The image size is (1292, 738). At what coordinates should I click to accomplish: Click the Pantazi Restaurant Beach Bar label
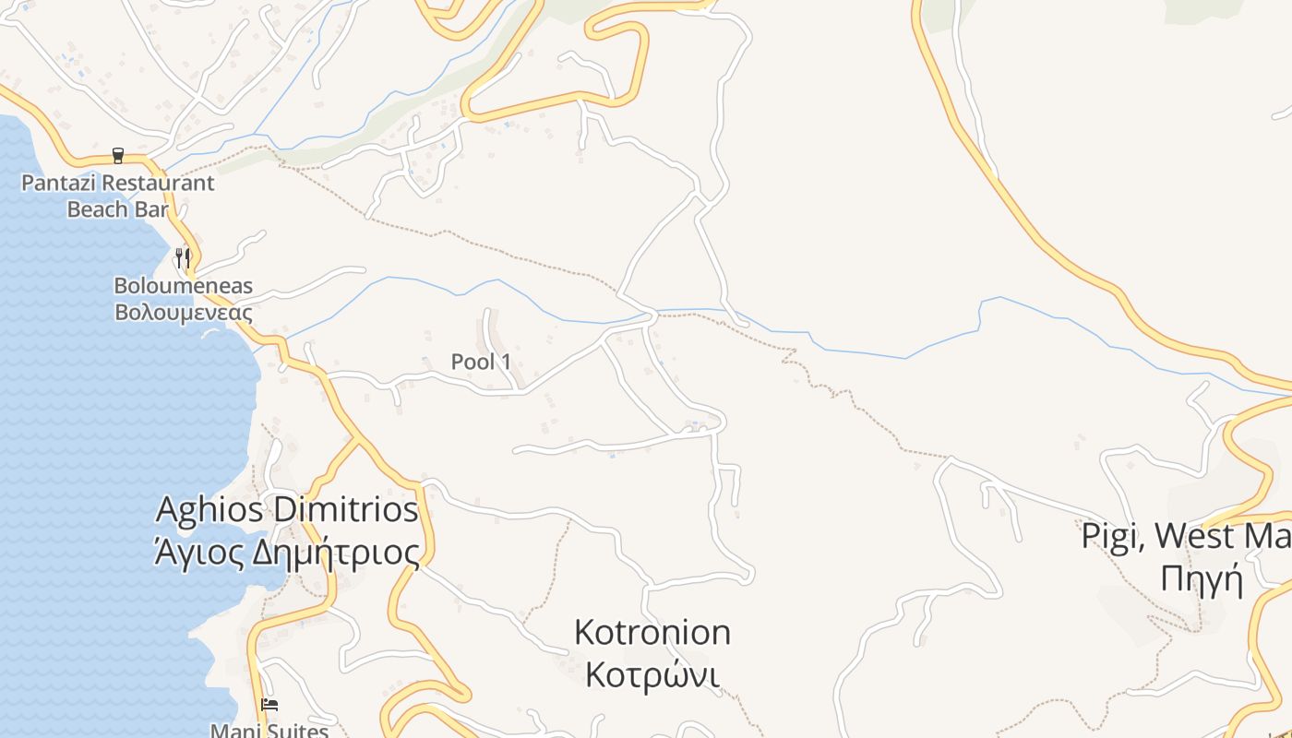(117, 196)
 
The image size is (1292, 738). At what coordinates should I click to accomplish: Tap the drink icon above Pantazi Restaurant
(117, 155)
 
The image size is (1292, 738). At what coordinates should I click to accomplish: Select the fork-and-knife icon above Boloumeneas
(183, 256)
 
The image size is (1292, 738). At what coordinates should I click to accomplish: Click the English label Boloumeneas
(183, 286)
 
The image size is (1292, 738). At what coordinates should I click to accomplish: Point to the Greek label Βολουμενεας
(183, 312)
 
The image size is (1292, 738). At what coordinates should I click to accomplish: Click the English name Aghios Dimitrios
(287, 510)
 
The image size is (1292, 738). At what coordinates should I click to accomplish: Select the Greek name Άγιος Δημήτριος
(287, 553)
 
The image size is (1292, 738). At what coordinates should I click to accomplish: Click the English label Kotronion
(652, 633)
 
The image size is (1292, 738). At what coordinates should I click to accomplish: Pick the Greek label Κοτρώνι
(652, 675)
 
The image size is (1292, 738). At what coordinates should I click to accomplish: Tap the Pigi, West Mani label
(1187, 536)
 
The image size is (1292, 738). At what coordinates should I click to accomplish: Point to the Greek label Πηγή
(1202, 580)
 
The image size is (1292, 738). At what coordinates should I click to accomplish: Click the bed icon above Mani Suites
(269, 705)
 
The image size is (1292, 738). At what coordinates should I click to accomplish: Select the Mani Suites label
(269, 731)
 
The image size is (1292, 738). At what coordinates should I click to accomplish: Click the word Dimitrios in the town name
(347, 510)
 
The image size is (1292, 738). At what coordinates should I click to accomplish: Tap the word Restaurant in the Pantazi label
(159, 183)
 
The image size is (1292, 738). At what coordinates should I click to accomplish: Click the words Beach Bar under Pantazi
(117, 209)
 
